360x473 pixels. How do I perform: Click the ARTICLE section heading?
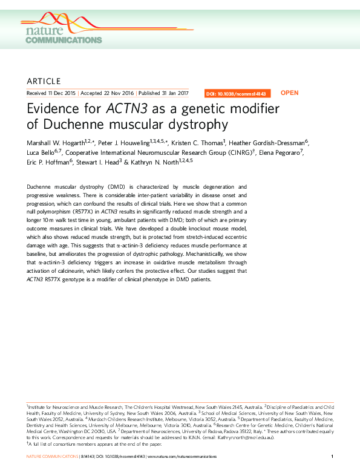[x=44, y=81]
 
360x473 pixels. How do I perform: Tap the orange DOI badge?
[x=238, y=94]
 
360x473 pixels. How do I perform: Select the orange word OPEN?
[x=290, y=93]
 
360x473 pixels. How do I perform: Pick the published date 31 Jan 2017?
[x=172, y=94]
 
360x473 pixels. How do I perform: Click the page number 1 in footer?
[x=333, y=456]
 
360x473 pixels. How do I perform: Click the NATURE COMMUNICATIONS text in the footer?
[x=53, y=456]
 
